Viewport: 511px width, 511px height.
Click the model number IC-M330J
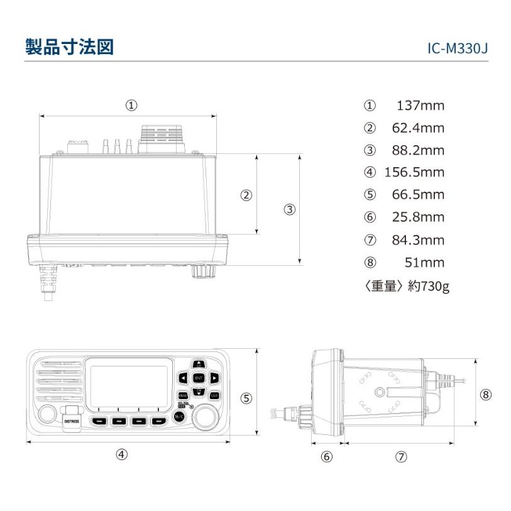pos(456,49)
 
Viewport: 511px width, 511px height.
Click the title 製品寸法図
pos(69,47)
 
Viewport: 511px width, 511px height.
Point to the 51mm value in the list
pos(430,263)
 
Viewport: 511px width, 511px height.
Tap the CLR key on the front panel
pos(214,396)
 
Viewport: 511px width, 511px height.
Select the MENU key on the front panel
pos(182,396)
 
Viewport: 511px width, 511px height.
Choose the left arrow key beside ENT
pos(182,378)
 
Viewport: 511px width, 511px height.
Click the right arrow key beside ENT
pos(214,378)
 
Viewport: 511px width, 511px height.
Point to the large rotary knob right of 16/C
pos(205,417)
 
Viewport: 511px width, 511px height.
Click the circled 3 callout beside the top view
pos(289,210)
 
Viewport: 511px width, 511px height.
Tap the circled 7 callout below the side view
pos(401,457)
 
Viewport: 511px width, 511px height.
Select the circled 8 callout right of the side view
pos(485,395)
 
